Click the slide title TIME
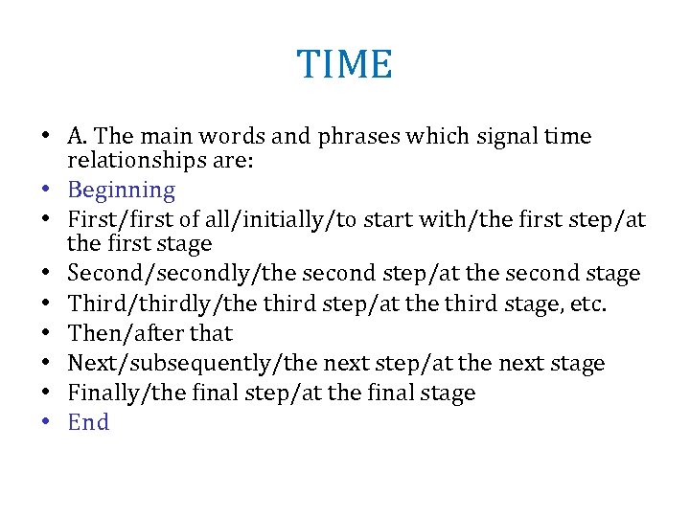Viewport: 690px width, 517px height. point(345,65)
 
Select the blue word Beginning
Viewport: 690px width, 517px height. point(122,191)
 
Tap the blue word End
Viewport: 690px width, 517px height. point(89,422)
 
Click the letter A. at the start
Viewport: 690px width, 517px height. point(79,137)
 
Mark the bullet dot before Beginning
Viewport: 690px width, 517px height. point(47,191)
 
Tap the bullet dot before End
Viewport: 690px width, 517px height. point(47,423)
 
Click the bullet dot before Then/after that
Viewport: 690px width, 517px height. point(47,334)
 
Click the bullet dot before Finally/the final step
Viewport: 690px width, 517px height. point(47,393)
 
